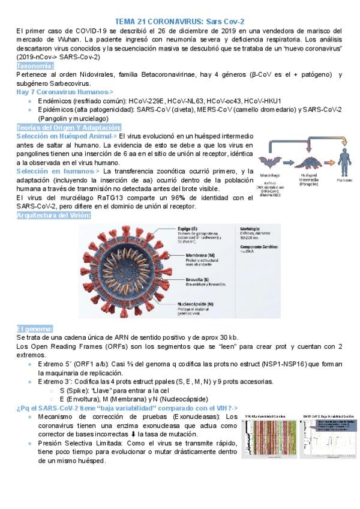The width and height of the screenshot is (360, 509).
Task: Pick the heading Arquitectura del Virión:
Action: [x=54, y=215]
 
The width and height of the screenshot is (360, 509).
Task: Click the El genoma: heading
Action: [x=35, y=328]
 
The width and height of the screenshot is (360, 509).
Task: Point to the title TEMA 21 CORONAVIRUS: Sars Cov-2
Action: [x=179, y=20]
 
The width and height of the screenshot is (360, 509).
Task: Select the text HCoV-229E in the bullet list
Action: [x=146, y=100]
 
